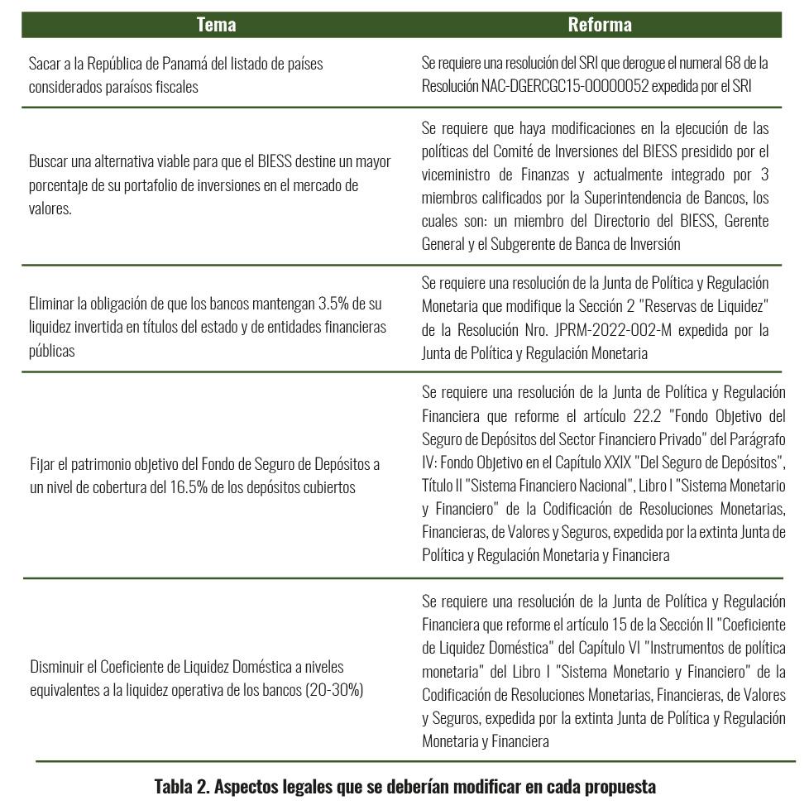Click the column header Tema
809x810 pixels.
pos(217,25)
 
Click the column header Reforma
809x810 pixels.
pos(600,25)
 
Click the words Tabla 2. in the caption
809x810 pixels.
pos(182,786)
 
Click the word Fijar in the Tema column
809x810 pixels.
pos(42,463)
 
